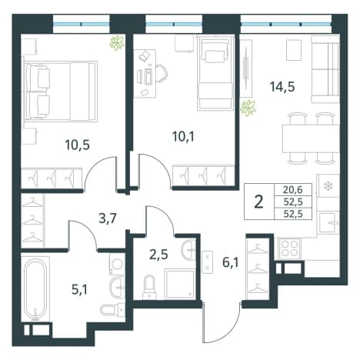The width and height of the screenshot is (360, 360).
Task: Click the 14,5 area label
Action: pos(282,87)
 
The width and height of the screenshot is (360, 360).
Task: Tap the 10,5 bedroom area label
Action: pos(77,145)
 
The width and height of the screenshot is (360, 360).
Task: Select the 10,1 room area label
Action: pos(183,137)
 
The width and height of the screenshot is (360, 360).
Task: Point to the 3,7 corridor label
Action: pos(108,219)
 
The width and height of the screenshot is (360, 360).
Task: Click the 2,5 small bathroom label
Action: pos(158,255)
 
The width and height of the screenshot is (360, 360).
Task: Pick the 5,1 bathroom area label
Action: pos(79,290)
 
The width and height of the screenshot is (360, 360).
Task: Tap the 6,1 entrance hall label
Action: pos(231,263)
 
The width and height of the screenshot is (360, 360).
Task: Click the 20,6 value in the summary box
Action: pos(293,190)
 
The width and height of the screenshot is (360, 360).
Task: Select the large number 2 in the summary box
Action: pos(259,202)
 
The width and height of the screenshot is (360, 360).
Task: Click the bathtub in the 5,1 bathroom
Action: pos(35,289)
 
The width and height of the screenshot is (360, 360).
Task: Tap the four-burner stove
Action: pos(290,248)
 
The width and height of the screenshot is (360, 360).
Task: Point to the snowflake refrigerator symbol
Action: pos(327,186)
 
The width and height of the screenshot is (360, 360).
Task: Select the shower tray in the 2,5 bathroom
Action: pos(180,284)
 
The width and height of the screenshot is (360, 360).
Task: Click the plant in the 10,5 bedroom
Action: pos(117,43)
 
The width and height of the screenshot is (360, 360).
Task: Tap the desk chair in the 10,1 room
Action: pos(162,74)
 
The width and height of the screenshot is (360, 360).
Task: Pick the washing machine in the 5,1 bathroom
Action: pos(117,264)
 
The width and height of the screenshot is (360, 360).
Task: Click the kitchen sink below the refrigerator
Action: pos(328,222)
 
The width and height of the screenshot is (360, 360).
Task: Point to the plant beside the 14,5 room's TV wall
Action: pos(248,108)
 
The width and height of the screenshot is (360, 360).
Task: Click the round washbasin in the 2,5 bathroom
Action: pos(188,250)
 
